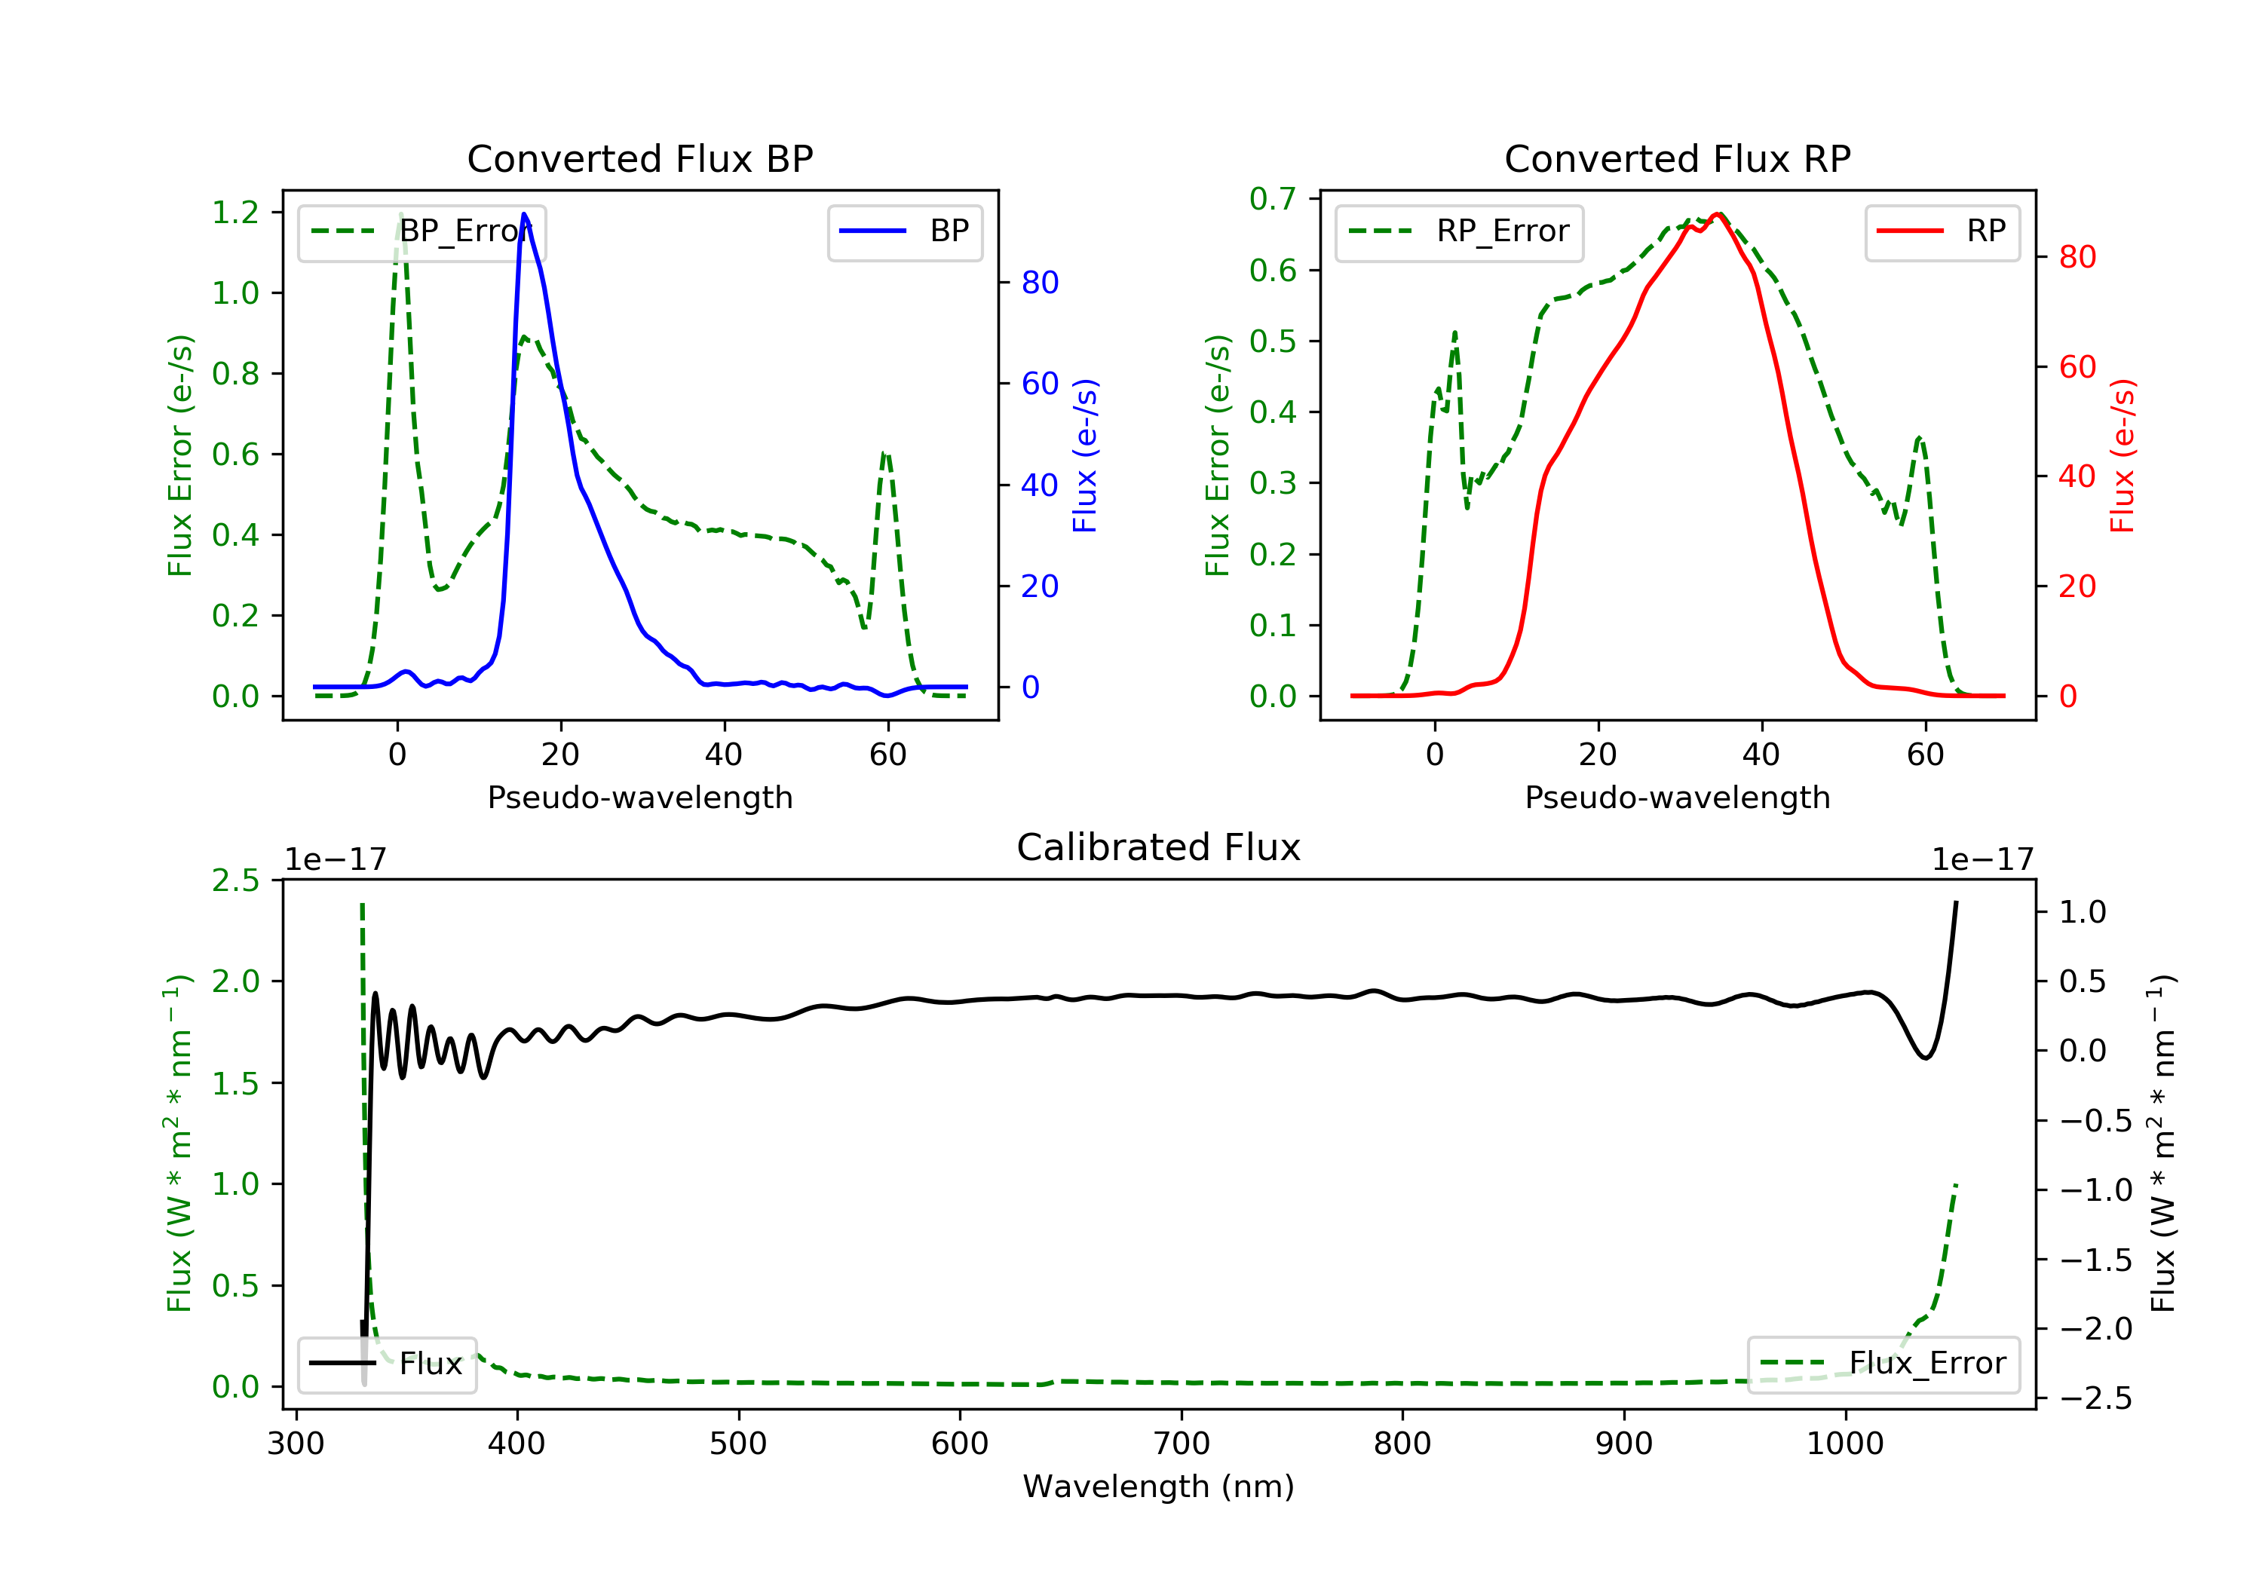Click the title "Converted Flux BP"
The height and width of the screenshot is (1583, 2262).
[x=639, y=158]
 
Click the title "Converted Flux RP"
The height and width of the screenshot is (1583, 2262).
[x=1677, y=158]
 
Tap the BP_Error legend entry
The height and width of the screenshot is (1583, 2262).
[x=421, y=231]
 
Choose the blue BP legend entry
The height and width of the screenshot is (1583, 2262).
[x=904, y=231]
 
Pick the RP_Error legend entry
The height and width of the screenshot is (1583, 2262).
[x=1458, y=231]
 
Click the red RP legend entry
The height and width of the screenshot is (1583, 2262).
[x=1942, y=231]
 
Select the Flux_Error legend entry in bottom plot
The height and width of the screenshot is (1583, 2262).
[x=1883, y=1364]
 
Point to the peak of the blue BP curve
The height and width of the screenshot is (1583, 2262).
[x=524, y=214]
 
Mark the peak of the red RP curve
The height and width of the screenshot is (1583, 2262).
[x=1717, y=214]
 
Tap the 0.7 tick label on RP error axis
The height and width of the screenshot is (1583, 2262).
[x=1273, y=199]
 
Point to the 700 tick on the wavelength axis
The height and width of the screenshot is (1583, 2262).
[x=1182, y=1444]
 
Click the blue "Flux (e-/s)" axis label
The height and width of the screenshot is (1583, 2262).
[x=1085, y=455]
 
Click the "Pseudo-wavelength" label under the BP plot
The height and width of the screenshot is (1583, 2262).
[x=639, y=797]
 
